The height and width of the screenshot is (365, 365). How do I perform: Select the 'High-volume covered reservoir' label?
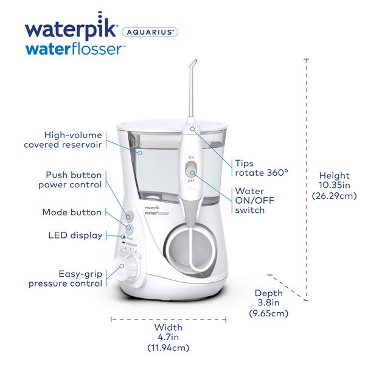[63, 139]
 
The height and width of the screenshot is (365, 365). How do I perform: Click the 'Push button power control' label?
[70, 179]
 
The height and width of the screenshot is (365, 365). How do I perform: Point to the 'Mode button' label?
[72, 213]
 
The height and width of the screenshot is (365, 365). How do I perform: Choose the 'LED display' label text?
[75, 235]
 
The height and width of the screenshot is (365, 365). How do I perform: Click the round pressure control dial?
[128, 268]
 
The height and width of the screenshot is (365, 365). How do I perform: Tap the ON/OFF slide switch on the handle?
[191, 172]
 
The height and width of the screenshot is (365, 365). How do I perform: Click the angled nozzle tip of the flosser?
[193, 64]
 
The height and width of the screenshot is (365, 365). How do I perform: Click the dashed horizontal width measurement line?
[168, 318]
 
